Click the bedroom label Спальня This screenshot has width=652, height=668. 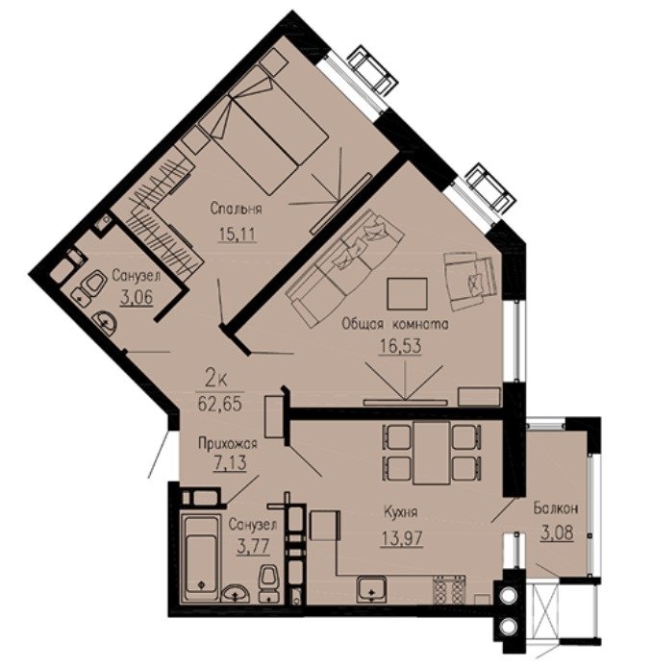click(236, 210)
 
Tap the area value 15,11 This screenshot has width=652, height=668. click(238, 234)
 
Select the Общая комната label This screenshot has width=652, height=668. click(395, 325)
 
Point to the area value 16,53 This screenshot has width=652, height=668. click(400, 346)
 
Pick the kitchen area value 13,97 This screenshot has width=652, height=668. click(402, 538)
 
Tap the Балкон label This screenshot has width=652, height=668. click(556, 508)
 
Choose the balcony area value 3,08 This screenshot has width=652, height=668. click(557, 532)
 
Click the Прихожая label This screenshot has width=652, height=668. click(228, 443)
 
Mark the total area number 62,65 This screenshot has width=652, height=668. click(219, 404)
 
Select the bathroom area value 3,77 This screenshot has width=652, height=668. click(253, 546)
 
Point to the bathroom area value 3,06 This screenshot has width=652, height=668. click(137, 297)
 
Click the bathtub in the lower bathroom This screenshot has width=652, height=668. click(200, 557)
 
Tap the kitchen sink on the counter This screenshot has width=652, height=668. click(371, 589)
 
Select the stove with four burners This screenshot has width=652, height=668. click(449, 589)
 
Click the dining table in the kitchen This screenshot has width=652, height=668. click(432, 453)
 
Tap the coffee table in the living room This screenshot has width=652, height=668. click(407, 294)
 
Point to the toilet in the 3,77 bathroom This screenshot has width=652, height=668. click(268, 583)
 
